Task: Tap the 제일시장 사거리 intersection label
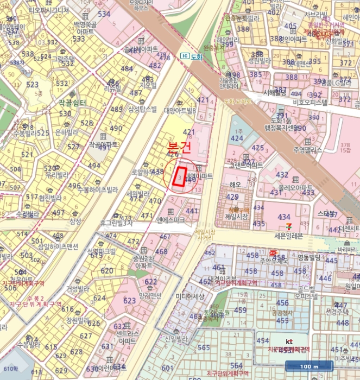point(205,235)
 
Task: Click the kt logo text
point(289,341)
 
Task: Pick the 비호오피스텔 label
point(310,102)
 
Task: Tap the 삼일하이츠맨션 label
point(54,246)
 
